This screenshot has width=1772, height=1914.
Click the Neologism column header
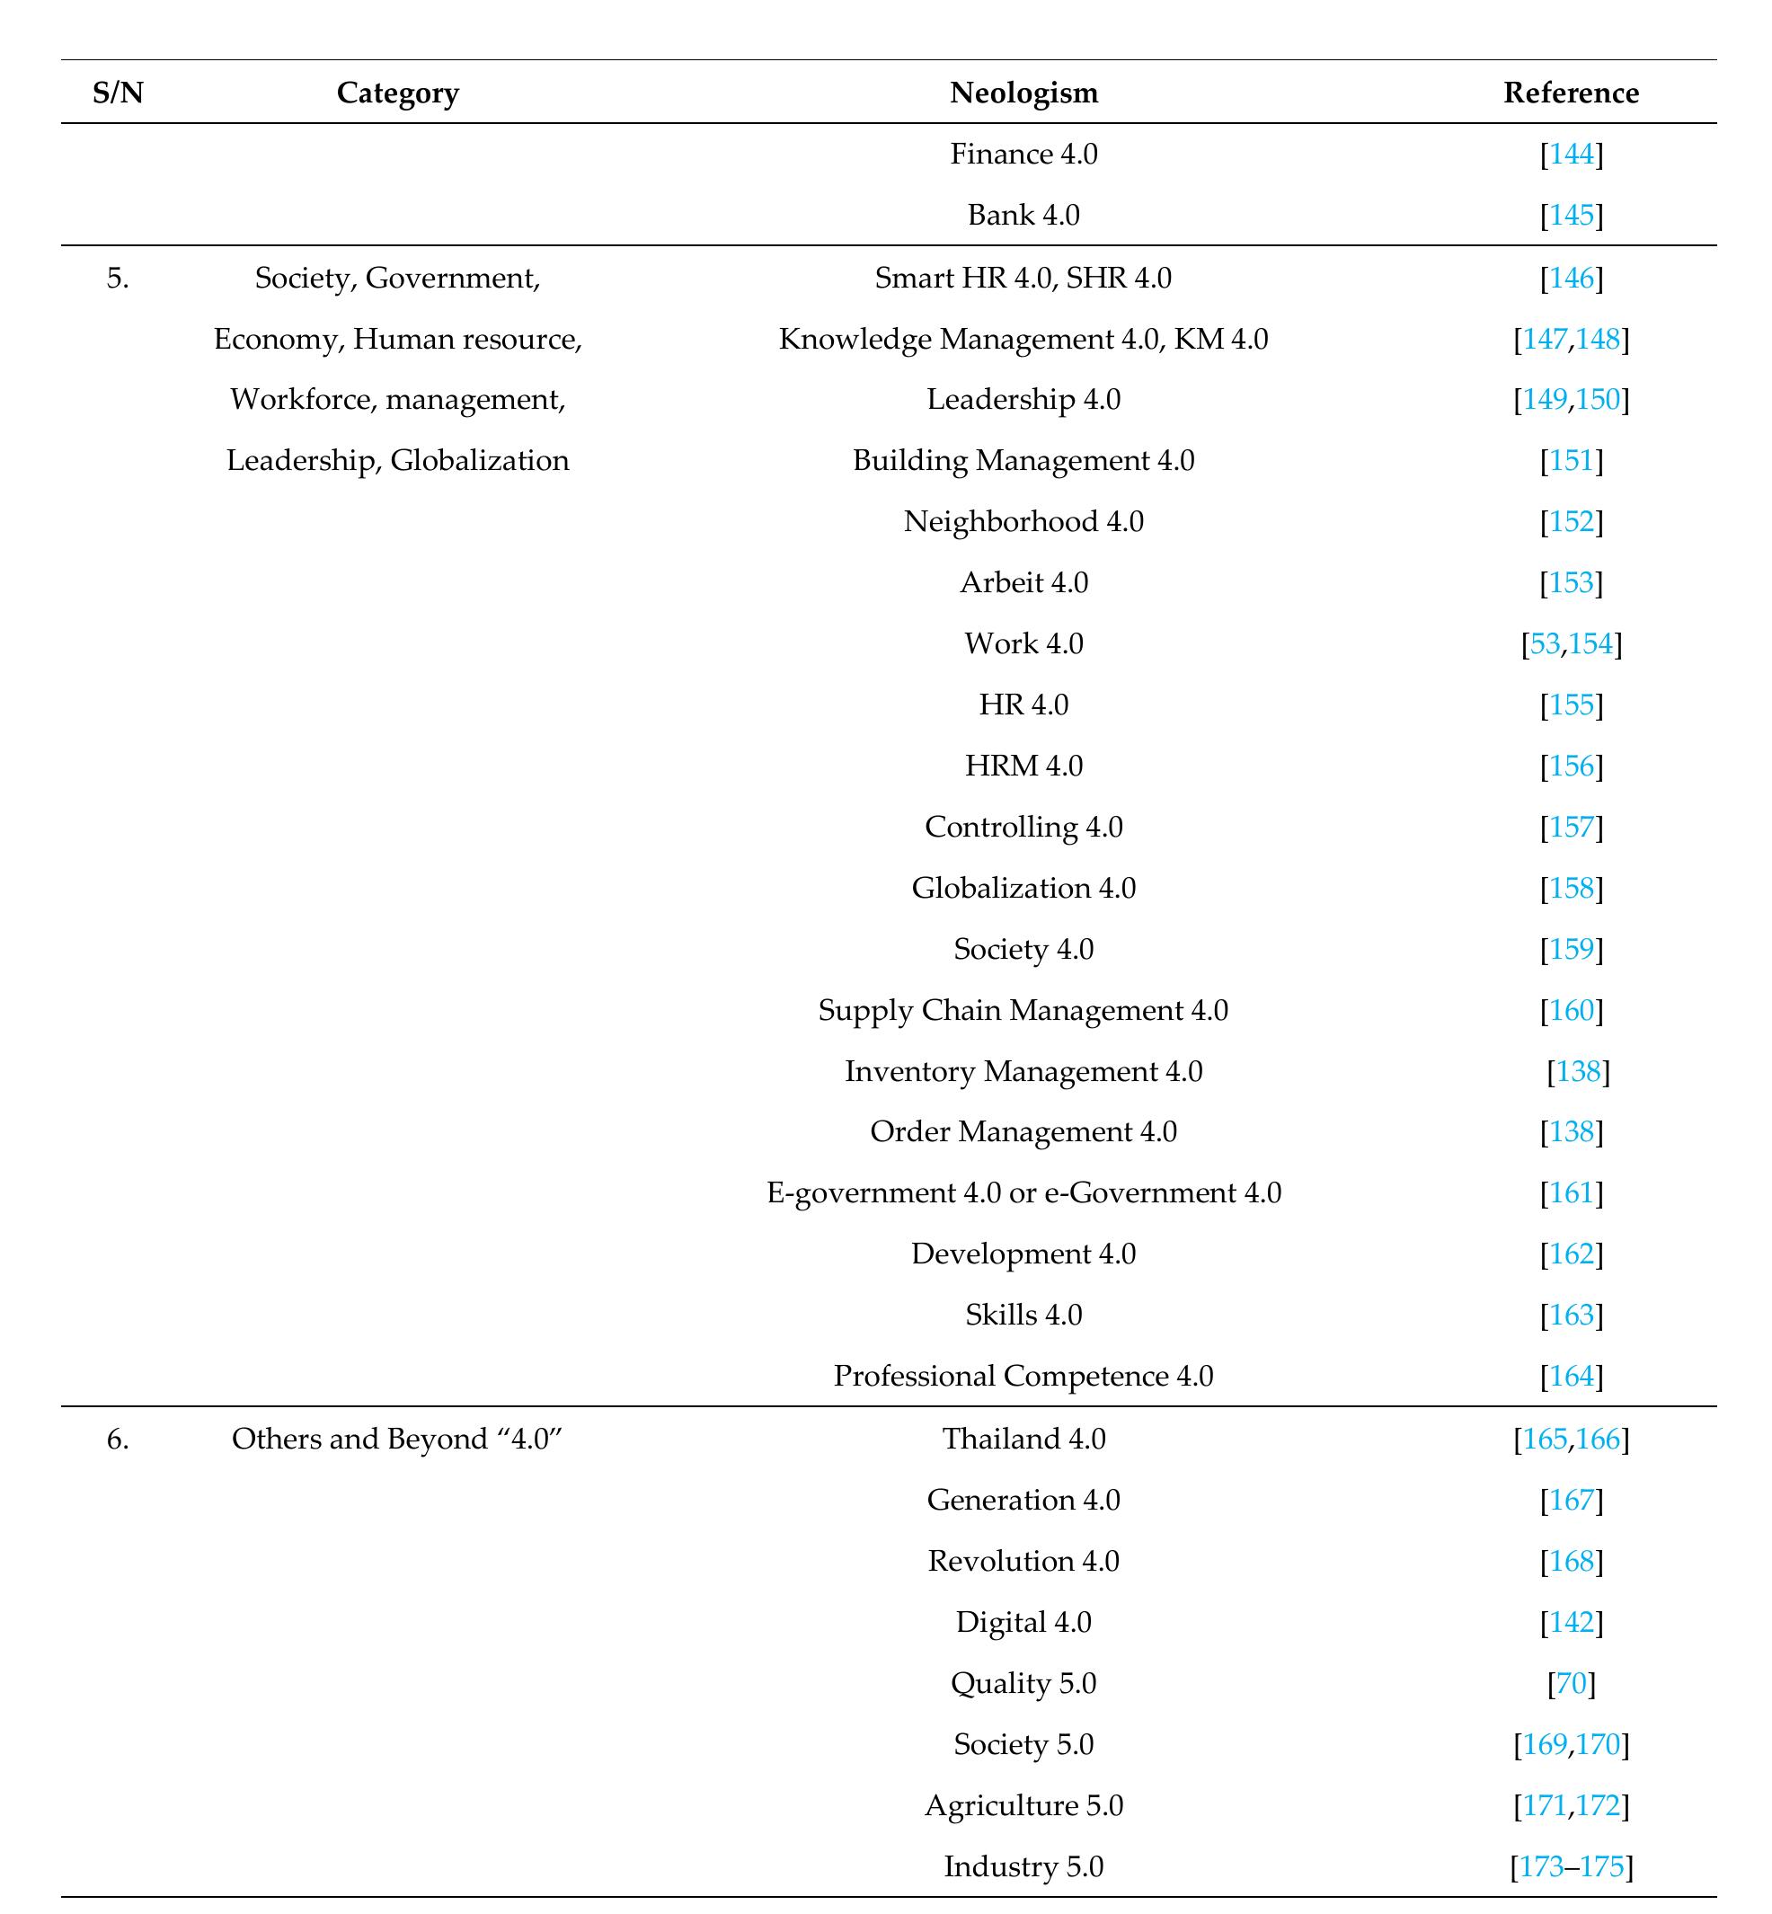(1023, 93)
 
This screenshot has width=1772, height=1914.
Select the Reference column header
(1571, 93)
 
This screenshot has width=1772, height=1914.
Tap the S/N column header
(118, 93)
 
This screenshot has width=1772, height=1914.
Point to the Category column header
(397, 93)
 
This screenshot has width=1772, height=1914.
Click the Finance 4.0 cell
(1023, 154)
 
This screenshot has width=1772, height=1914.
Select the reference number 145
(1572, 215)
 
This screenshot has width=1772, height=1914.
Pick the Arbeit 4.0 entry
(1023, 582)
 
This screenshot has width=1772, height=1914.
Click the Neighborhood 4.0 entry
(1023, 522)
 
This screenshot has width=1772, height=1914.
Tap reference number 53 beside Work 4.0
(1545, 643)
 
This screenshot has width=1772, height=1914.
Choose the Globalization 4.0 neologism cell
(1023, 888)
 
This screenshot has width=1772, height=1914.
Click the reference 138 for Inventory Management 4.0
(1578, 1071)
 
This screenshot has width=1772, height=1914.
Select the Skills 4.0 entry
(1023, 1315)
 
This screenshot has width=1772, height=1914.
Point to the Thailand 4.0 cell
(1023, 1440)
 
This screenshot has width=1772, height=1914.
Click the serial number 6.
(117, 1440)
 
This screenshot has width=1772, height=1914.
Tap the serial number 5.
(117, 278)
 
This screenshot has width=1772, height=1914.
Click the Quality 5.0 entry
(1023, 1683)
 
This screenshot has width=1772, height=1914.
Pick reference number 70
(1572, 1683)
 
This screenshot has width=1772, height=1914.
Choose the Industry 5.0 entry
(1023, 1866)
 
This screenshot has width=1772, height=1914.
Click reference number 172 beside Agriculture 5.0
(1598, 1805)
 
